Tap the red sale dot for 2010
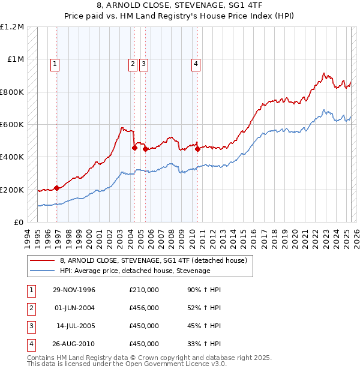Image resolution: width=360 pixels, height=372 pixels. (x=198, y=149)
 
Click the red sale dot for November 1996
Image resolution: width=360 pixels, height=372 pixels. (x=57, y=188)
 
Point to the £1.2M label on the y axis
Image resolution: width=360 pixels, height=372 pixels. (x=12, y=27)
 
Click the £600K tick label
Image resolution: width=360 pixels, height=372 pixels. (x=12, y=124)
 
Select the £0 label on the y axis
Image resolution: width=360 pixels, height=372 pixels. (x=19, y=222)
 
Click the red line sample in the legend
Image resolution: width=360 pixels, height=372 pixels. (x=42, y=261)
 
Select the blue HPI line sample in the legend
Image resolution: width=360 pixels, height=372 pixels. (x=42, y=271)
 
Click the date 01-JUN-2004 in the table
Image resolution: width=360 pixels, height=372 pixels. (x=73, y=308)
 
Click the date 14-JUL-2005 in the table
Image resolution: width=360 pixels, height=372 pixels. (x=74, y=326)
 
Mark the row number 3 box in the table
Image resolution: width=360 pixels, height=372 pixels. (x=30, y=326)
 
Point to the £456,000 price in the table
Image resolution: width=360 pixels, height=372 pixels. (x=143, y=308)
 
